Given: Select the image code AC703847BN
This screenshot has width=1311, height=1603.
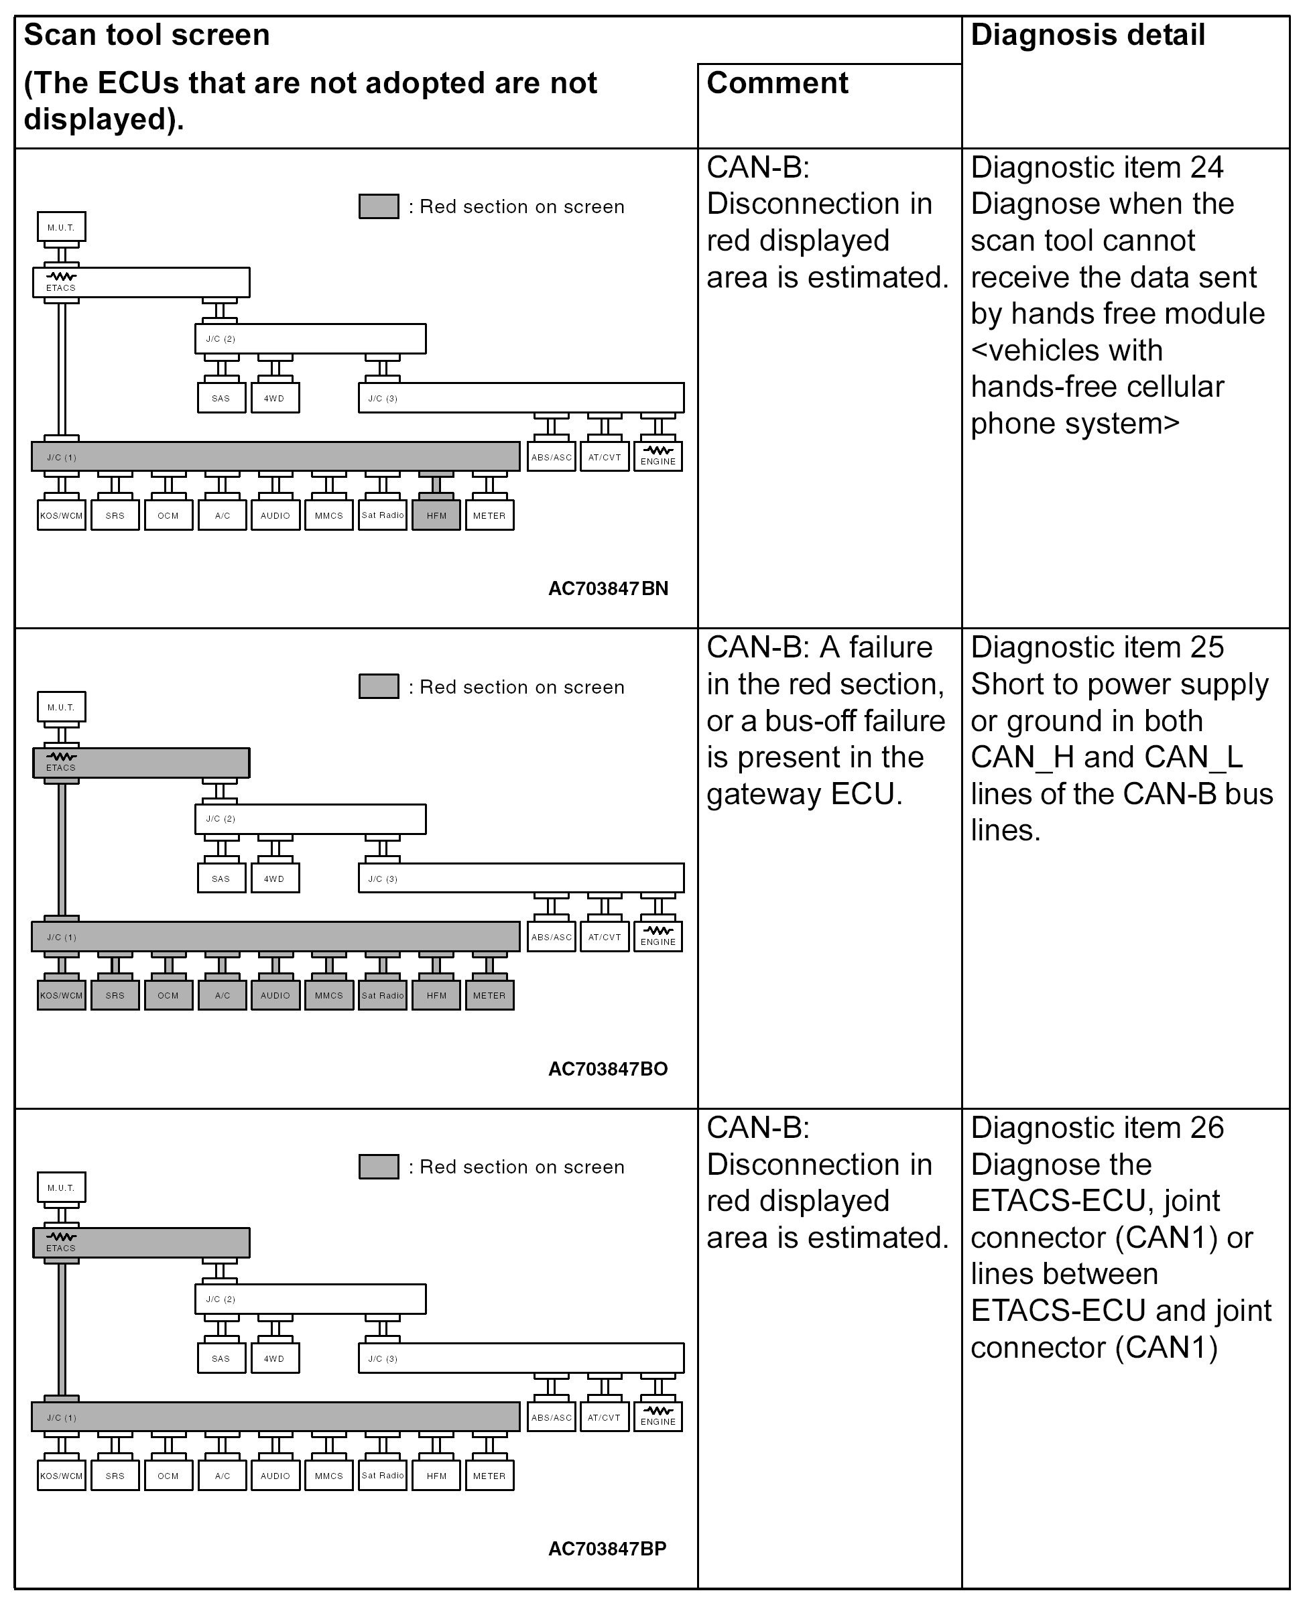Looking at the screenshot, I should [x=608, y=588].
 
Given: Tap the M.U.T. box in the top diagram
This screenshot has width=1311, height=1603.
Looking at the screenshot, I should [x=61, y=227].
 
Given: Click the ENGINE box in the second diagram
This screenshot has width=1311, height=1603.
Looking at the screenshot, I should [x=658, y=936].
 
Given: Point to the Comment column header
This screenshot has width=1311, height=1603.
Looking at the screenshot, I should [x=777, y=83].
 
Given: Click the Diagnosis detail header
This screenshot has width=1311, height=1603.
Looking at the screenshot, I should [x=1087, y=36].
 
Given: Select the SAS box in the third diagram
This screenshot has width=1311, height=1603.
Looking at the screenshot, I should [x=221, y=1358].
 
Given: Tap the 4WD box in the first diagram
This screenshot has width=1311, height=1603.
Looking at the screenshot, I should [x=274, y=398].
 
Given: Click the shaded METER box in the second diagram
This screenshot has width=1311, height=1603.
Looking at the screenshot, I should [x=489, y=995].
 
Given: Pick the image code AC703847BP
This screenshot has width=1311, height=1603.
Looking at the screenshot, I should [x=607, y=1549].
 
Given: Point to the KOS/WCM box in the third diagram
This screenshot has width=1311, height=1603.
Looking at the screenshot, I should [x=61, y=1476].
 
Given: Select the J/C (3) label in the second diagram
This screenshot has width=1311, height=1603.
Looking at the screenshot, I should [x=382, y=878].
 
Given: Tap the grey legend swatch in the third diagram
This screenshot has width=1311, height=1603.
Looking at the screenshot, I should [x=378, y=1167].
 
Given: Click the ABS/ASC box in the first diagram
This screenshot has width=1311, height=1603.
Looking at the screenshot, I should [x=552, y=457].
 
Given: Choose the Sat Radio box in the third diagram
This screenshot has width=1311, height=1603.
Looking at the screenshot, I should [x=382, y=1476].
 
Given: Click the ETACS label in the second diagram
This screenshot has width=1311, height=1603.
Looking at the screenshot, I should [x=61, y=767].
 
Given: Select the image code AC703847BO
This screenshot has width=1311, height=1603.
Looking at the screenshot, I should [x=608, y=1068].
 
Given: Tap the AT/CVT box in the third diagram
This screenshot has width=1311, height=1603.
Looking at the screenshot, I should [x=604, y=1417].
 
